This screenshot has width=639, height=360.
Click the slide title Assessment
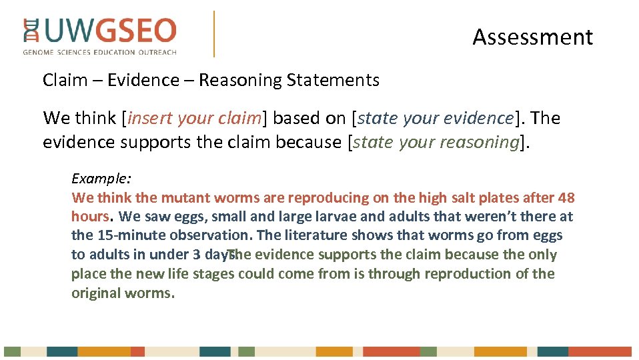pyautogui.click(x=532, y=37)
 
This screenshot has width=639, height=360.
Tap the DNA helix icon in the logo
pyautogui.click(x=31, y=31)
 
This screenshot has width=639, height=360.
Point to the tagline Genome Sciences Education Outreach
pyautogui.click(x=99, y=52)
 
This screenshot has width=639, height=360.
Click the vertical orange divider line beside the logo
pyautogui.click(x=214, y=33)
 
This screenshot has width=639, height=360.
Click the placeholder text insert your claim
pyautogui.click(x=194, y=119)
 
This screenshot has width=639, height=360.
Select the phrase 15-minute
pyautogui.click(x=123, y=235)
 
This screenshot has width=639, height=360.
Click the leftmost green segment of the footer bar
pyautogui.click(x=12, y=351)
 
